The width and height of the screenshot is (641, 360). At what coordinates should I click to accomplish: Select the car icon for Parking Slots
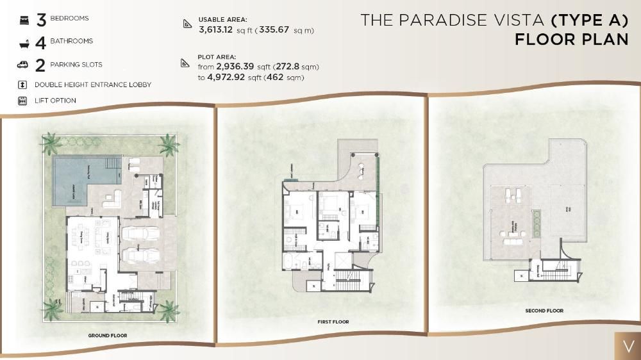[23, 65]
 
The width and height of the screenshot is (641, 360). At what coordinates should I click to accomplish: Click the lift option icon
[22, 101]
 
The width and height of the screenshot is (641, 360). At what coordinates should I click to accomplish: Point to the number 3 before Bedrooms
[41, 19]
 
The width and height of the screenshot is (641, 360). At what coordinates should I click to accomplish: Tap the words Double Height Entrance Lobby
[93, 85]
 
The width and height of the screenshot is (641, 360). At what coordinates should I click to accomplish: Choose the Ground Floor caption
[108, 335]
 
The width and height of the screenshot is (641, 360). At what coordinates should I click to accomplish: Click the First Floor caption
[333, 322]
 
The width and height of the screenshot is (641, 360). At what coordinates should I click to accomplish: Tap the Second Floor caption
[544, 311]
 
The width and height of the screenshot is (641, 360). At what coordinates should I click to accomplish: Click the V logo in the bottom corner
[627, 346]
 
